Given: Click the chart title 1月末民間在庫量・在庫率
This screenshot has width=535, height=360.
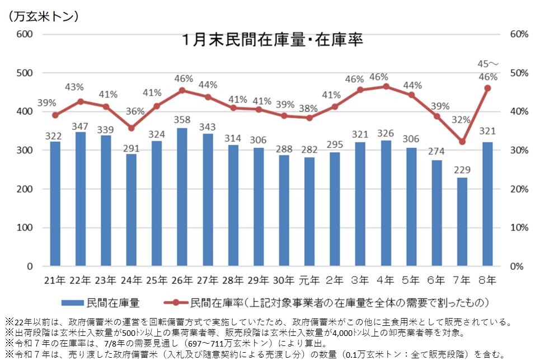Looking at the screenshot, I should click(273, 41).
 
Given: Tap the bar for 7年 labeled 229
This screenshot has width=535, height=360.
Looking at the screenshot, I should click(462, 222).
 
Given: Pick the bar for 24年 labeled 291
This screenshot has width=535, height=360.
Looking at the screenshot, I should click(131, 210).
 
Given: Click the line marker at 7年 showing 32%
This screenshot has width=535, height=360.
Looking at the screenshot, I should click(462, 142).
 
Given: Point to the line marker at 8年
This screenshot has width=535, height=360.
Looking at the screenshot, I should click(487, 88).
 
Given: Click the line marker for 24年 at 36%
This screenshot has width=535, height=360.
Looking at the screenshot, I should click(131, 128).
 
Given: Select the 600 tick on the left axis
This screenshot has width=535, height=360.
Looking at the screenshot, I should click(24, 34).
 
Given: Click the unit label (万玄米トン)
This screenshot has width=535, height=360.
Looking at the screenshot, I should click(43, 16).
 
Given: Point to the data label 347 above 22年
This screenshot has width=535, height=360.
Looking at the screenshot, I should click(80, 124).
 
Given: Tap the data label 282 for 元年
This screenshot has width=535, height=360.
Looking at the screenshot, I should click(309, 149).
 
